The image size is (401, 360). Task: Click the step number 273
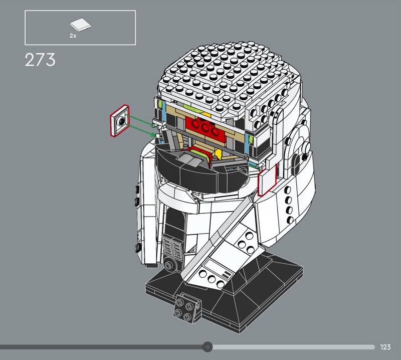[x=40, y=60]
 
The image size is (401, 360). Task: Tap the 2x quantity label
[x=73, y=36]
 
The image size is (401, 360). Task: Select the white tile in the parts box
[x=80, y=25]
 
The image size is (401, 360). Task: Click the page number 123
[x=385, y=347]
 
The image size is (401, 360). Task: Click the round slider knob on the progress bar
[x=208, y=347]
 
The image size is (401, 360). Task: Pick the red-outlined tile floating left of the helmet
[x=120, y=120]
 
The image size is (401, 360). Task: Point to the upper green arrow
[x=141, y=120]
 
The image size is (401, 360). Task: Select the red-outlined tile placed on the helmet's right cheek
[x=267, y=181]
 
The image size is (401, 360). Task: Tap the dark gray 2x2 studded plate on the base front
[x=187, y=308]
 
